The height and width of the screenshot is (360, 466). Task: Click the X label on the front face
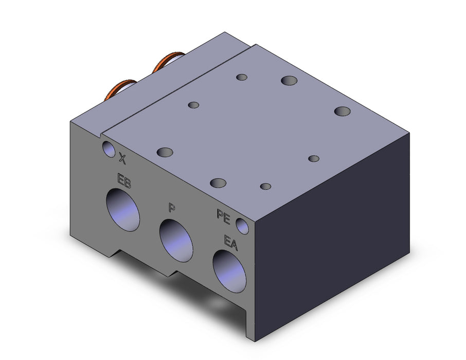pyautogui.click(x=122, y=158)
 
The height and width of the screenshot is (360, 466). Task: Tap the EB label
pyautogui.click(x=124, y=181)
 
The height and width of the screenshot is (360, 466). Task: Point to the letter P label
pyautogui.click(x=171, y=207)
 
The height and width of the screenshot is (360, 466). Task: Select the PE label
pyautogui.click(x=224, y=217)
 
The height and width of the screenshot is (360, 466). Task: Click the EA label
pyautogui.click(x=231, y=243)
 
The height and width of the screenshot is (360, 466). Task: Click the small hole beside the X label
pyautogui.click(x=109, y=149)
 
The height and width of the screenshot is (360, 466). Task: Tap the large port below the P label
pyautogui.click(x=176, y=241)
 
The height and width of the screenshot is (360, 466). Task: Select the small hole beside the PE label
pyautogui.click(x=242, y=226)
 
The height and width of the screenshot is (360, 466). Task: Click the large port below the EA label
pyautogui.click(x=229, y=271)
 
